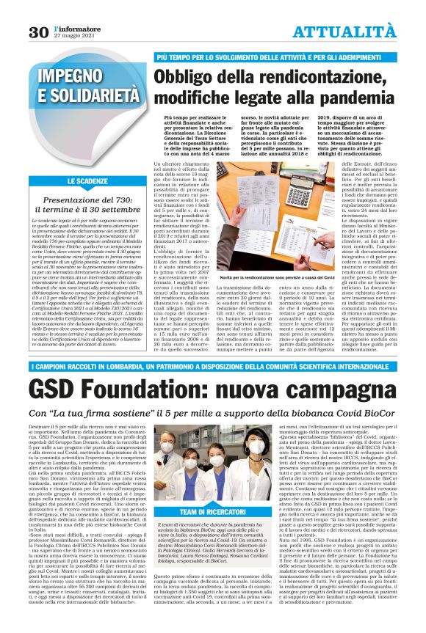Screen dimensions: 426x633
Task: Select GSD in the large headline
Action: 55,387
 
